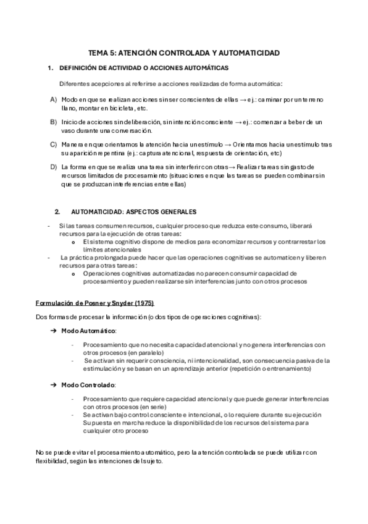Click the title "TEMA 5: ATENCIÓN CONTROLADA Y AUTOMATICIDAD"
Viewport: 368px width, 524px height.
(183, 54)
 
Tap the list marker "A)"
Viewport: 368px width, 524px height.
(54, 99)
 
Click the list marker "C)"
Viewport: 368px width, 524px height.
(54, 145)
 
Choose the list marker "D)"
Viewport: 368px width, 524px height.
(54, 167)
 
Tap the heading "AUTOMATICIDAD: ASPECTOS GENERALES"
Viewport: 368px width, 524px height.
(133, 211)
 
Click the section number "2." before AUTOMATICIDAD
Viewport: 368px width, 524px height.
(57, 211)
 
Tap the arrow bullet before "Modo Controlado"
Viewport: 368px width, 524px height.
(53, 385)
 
